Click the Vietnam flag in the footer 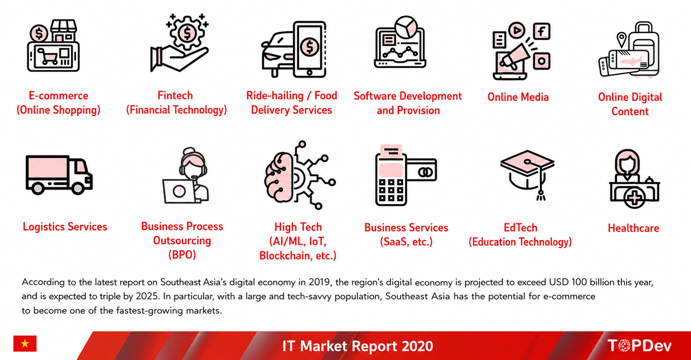coord(25,343)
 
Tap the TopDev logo coord(639,345)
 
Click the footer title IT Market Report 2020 coord(357,346)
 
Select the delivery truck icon coord(59,175)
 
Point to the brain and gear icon coord(300,175)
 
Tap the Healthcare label coord(633,228)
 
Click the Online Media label coord(518,97)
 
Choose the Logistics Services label coord(65,227)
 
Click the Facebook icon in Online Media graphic coord(542,31)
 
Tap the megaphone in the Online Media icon coord(516,57)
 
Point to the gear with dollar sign coord(187,33)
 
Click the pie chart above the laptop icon coord(406,27)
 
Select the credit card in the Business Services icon coord(422,170)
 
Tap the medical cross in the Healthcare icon coord(634,198)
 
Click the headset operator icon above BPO coord(186,175)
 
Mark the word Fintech coord(175,96)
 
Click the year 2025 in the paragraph coord(147,296)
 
